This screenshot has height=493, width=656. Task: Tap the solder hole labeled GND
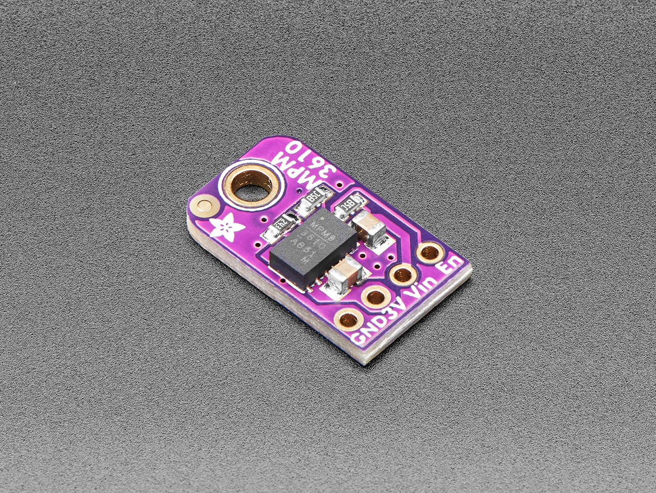pos(348,318)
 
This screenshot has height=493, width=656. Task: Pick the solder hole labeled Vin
pos(403,274)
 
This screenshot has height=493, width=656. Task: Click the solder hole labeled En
pos(428,253)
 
